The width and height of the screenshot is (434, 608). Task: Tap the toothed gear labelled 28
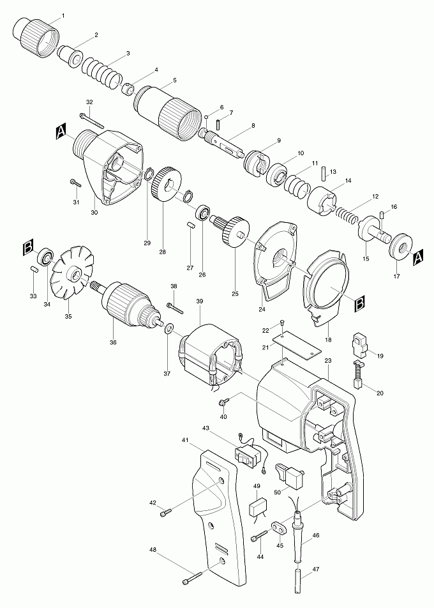(167, 185)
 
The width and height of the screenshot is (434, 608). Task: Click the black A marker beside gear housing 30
(61, 132)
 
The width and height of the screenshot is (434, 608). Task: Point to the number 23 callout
(328, 361)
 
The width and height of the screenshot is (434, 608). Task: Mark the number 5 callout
(157, 81)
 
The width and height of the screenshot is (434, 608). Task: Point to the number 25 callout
(235, 294)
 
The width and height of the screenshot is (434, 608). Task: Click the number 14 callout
(348, 181)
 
